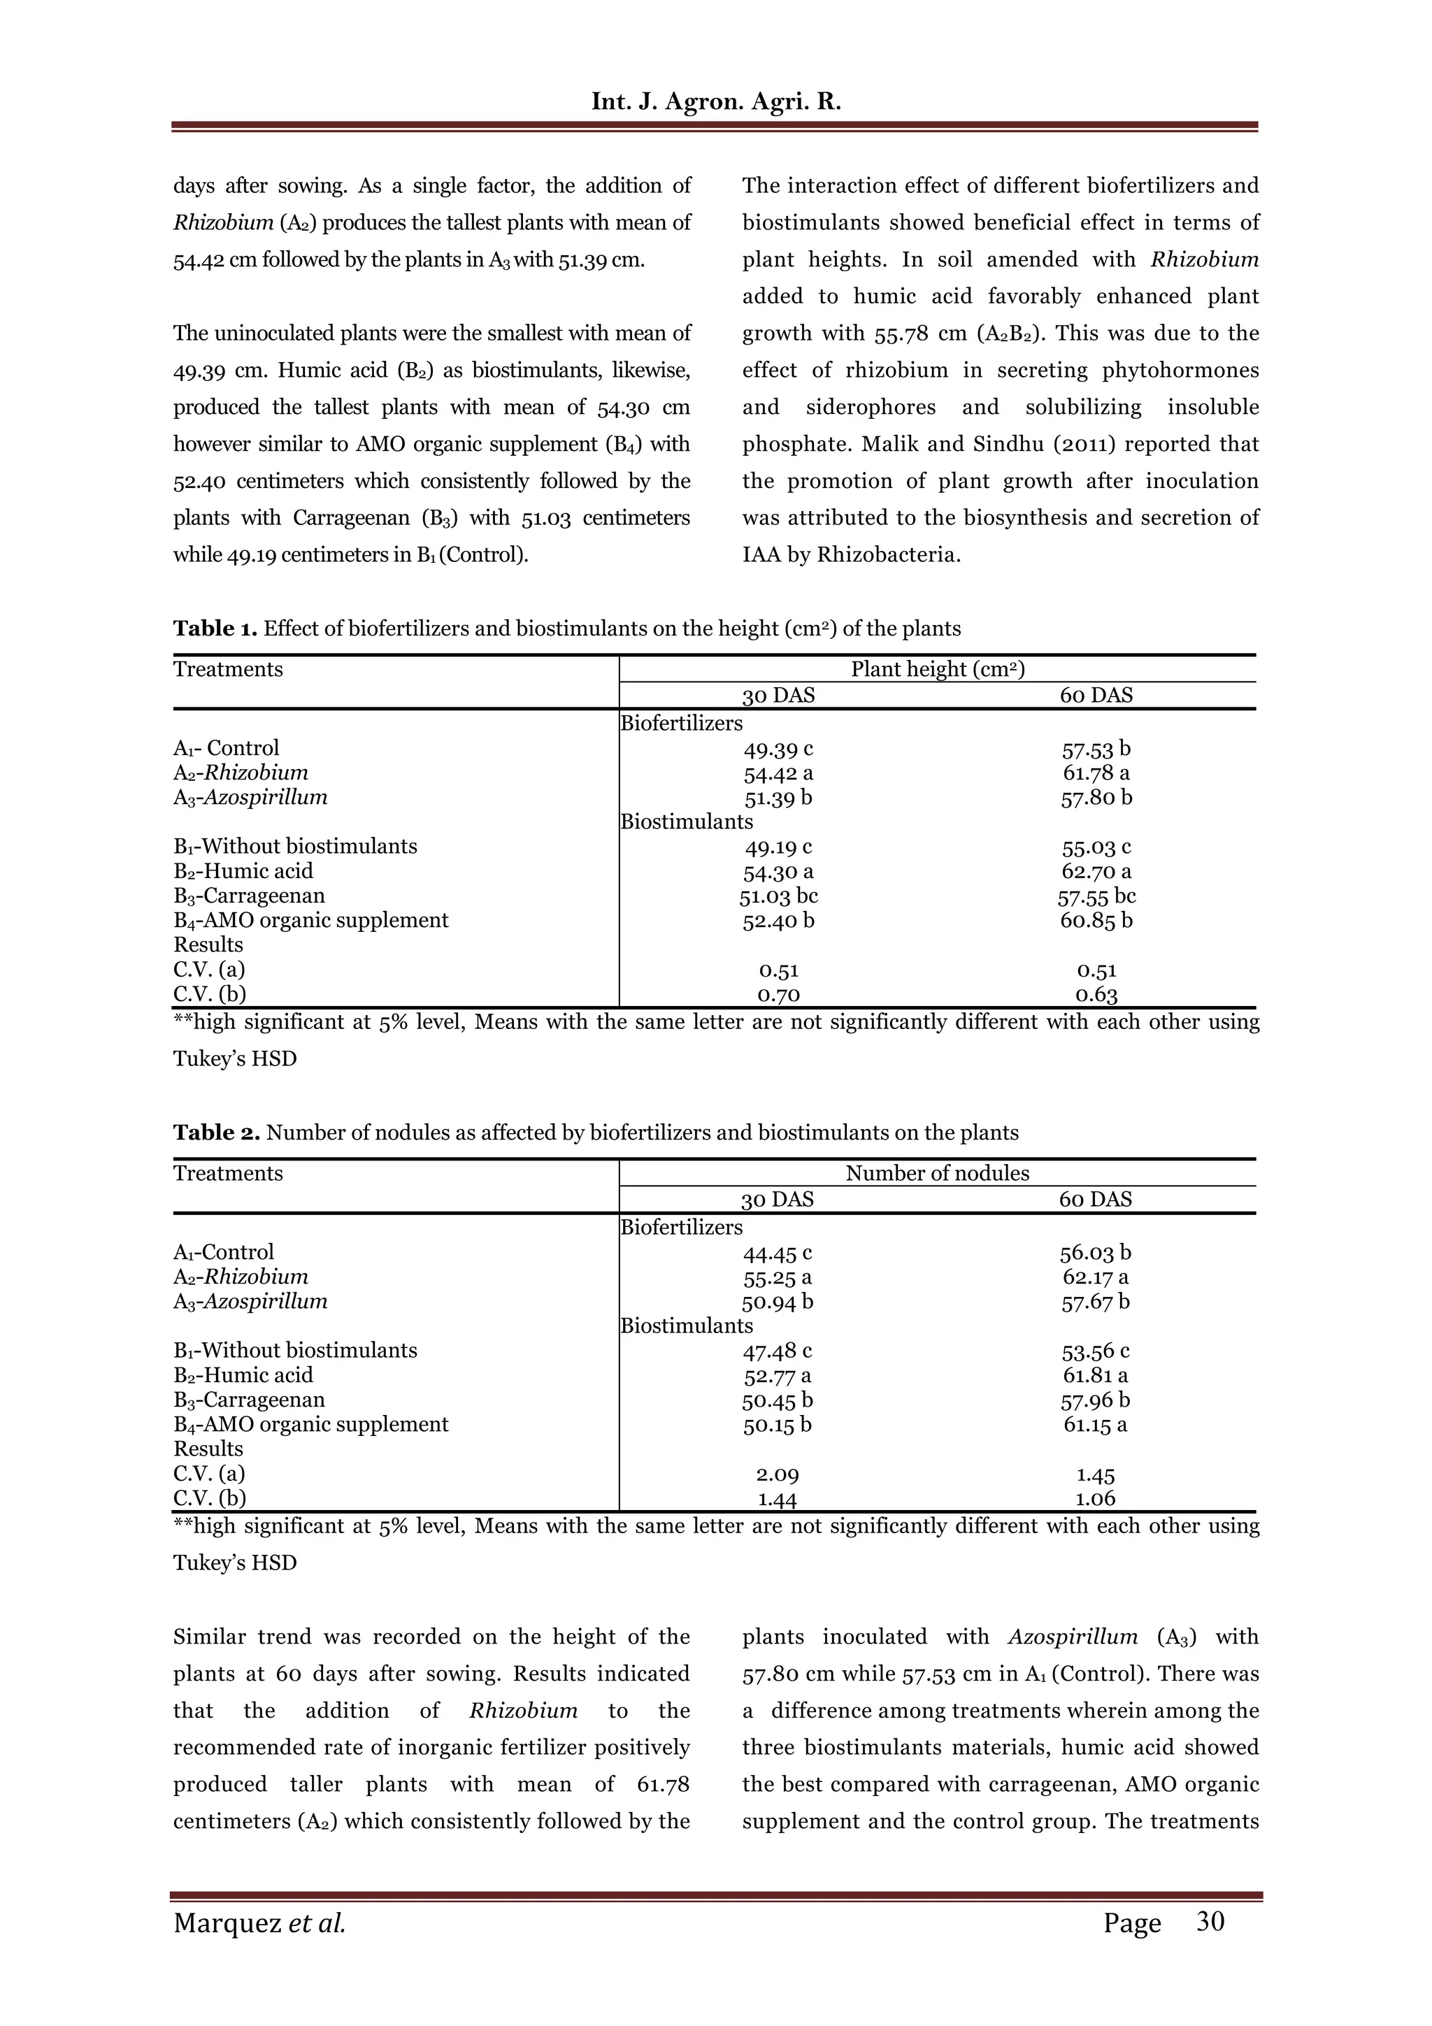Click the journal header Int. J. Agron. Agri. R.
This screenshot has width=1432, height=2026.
point(715,101)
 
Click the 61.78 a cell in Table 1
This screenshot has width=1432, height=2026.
point(1096,773)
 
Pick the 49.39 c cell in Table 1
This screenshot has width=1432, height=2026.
point(778,749)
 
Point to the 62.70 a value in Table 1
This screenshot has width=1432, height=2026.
point(1096,872)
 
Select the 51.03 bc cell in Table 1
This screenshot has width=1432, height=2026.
point(778,896)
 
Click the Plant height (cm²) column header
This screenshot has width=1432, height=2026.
point(937,669)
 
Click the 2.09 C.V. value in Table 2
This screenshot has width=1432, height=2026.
point(778,1474)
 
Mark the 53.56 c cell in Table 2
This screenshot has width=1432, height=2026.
point(1095,1351)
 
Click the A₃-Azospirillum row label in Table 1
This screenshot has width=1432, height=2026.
point(250,798)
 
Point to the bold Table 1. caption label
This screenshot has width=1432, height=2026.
point(215,628)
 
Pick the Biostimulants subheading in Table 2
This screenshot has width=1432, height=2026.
point(687,1325)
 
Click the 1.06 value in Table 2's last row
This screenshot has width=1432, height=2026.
point(1095,1498)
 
